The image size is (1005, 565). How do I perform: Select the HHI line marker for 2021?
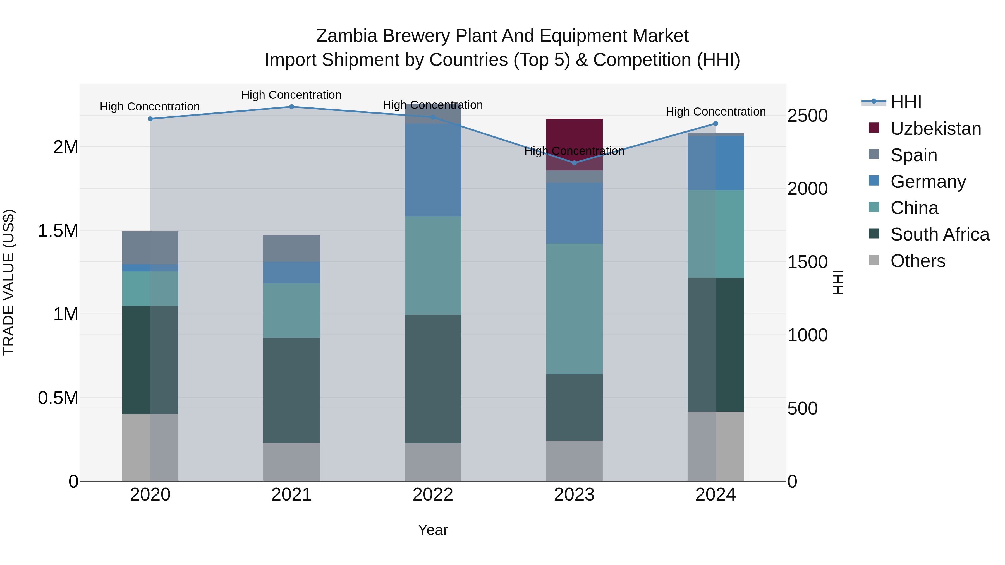[x=291, y=107]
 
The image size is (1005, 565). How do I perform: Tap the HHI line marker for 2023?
[x=574, y=163]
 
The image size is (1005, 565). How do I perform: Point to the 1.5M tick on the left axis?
[x=58, y=231]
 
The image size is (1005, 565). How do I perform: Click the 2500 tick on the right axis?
[x=807, y=116]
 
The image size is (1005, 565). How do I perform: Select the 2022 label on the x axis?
[x=433, y=495]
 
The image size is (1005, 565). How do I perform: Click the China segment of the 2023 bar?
[x=574, y=309]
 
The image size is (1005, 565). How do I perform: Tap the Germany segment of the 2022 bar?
[x=433, y=170]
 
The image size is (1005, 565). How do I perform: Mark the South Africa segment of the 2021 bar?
[x=291, y=390]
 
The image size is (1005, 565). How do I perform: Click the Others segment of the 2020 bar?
[x=150, y=448]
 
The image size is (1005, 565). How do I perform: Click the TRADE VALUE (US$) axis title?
[x=9, y=282]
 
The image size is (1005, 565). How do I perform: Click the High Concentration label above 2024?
[x=716, y=112]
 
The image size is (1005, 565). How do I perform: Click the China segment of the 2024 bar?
[x=716, y=234]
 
